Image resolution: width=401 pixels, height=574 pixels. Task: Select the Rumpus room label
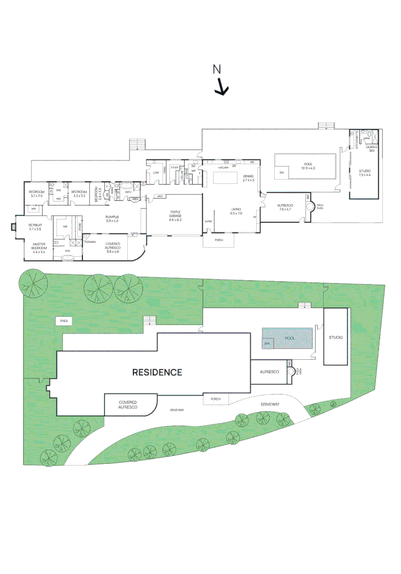pos(112,218)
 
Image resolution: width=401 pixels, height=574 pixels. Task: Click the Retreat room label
pos(35,227)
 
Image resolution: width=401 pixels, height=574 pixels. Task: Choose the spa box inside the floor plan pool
pos(281,173)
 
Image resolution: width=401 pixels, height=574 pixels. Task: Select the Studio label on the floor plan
pos(365,173)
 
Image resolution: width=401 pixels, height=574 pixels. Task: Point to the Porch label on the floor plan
pos(218,240)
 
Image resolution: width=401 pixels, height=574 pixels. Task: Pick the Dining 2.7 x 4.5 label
pos(249,178)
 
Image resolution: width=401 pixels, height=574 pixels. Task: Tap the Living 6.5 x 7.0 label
pos(236,211)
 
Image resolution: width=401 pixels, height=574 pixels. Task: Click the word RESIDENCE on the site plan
pos(157,372)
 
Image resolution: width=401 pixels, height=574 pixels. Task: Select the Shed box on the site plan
pos(64,321)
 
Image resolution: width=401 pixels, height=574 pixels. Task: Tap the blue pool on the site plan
pos(288,338)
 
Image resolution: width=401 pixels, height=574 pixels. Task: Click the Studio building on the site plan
pos(335,337)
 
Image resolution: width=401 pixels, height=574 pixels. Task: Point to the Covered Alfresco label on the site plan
pos(128,404)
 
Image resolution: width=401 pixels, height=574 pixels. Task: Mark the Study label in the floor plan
pos(174,167)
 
